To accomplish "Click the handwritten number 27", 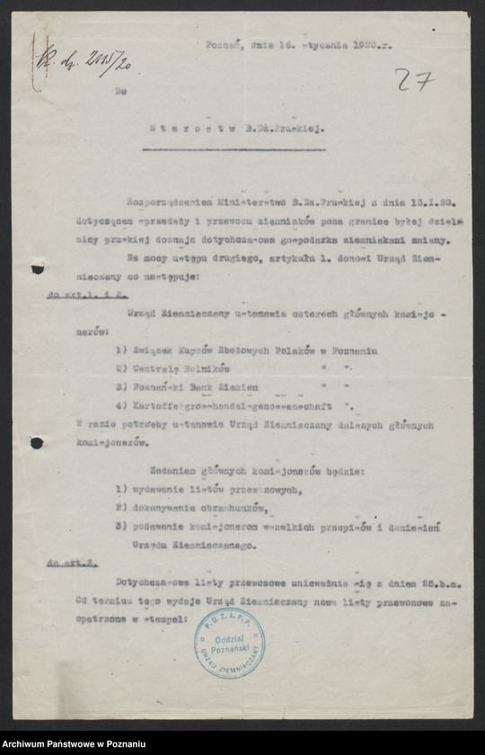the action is [x=414, y=80].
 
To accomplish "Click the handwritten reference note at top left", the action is [x=71, y=62].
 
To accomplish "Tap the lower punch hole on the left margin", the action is [x=36, y=443].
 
